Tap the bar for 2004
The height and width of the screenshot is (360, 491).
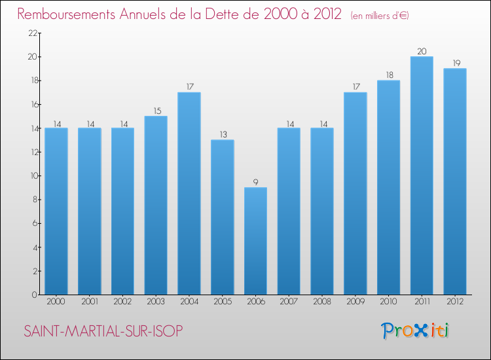point(189,193)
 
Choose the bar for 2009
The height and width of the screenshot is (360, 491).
point(355,193)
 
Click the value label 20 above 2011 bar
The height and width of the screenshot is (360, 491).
point(422,50)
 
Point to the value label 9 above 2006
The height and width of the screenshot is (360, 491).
point(255,181)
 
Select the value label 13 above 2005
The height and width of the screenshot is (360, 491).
point(223,134)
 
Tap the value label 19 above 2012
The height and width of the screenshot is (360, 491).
point(455,63)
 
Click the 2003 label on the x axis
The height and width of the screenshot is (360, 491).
point(156,302)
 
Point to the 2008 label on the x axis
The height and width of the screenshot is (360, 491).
point(322,302)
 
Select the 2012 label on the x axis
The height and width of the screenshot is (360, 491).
point(455,302)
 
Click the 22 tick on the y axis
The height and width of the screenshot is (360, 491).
point(32,33)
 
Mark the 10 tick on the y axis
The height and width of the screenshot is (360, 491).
point(32,176)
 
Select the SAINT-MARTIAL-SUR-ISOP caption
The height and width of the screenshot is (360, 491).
point(104,331)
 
